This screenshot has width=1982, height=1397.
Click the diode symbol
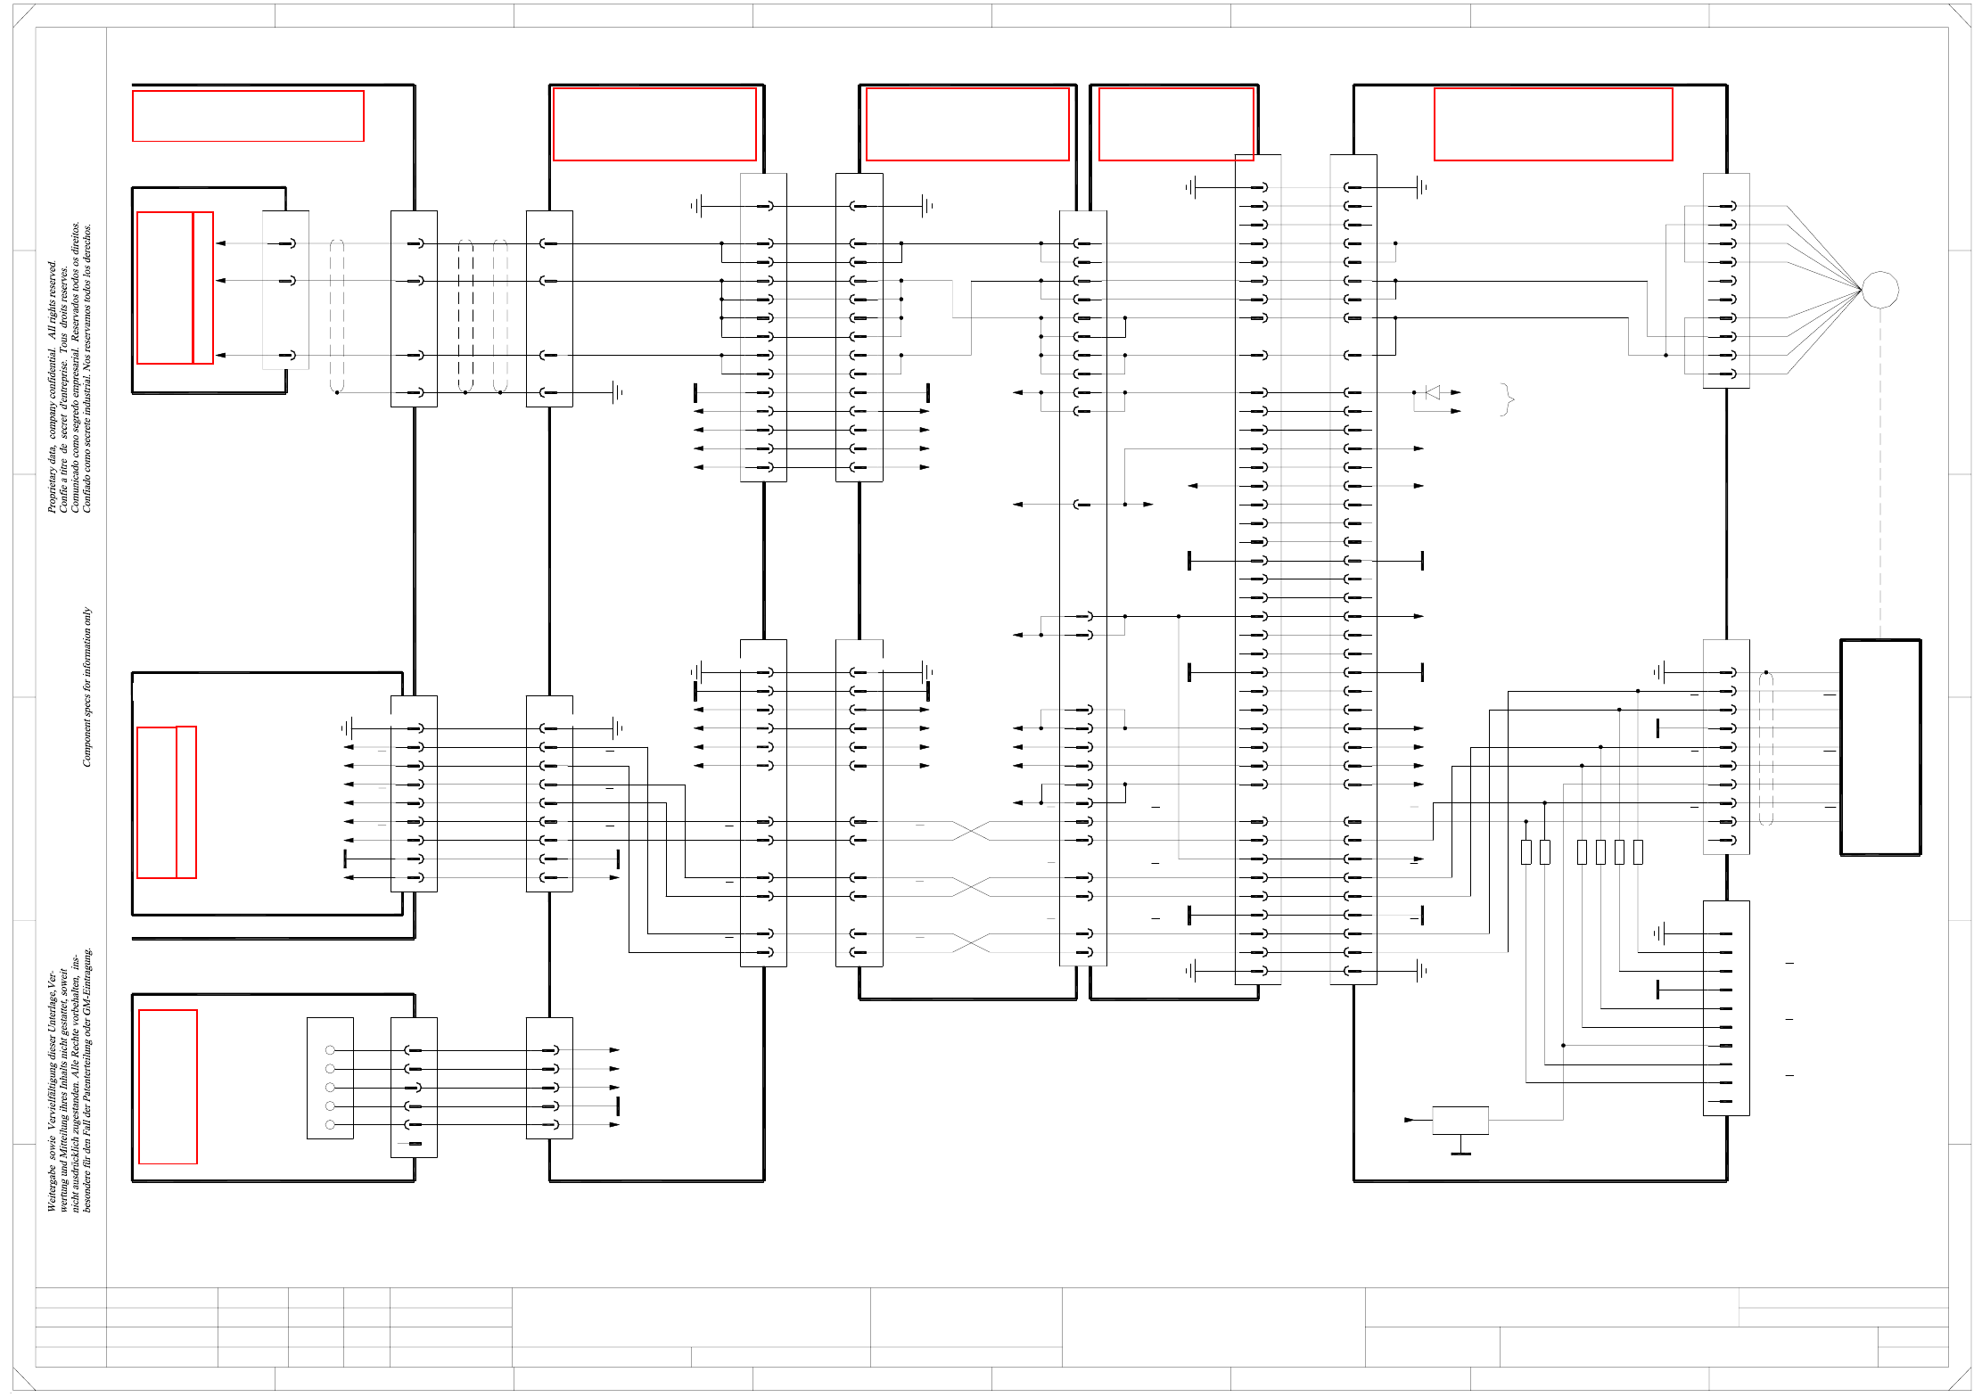point(1433,392)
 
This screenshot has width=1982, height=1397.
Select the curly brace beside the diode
point(1508,399)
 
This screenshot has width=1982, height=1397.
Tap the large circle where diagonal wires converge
point(1880,290)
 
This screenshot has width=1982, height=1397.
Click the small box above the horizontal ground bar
point(1460,1120)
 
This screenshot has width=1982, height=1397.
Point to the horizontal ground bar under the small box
point(1460,1154)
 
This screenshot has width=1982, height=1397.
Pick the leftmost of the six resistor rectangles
point(1526,852)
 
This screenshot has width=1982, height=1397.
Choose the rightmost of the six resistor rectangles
point(1638,852)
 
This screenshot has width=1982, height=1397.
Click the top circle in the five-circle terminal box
point(330,1050)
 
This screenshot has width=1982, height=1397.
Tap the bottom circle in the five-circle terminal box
point(330,1125)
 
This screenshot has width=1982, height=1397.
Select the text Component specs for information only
point(87,686)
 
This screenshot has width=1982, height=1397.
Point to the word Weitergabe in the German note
point(52,1189)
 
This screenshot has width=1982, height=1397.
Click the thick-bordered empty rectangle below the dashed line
point(1880,747)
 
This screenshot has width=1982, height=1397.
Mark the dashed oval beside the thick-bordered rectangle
point(1766,749)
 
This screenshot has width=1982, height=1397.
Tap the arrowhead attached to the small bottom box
point(1410,1120)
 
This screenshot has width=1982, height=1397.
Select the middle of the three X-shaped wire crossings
point(971,886)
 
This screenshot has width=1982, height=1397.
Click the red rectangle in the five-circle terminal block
point(168,1087)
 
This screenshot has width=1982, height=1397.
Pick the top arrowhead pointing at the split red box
point(220,243)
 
